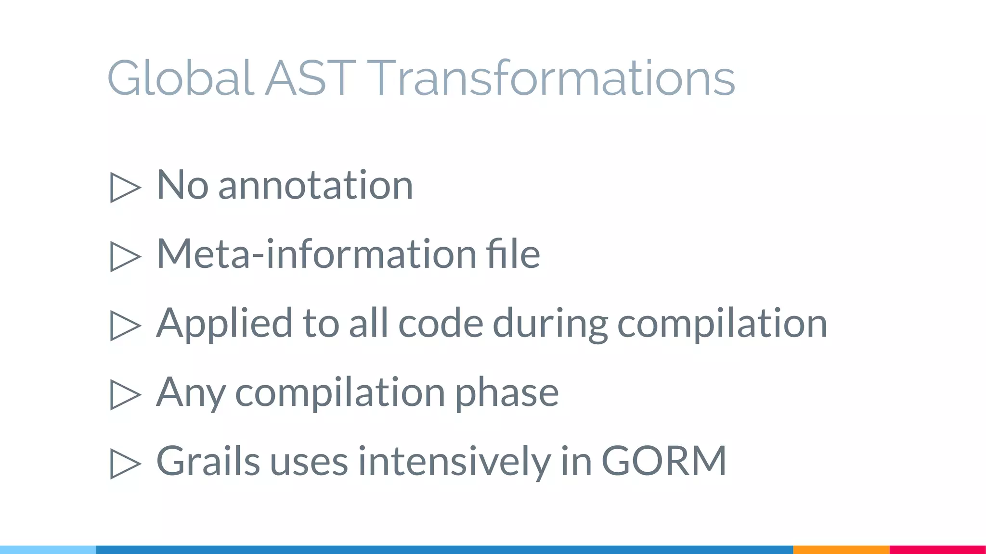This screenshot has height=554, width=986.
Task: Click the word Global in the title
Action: pyautogui.click(x=180, y=78)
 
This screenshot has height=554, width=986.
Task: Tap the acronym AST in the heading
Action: pyautogui.click(x=310, y=78)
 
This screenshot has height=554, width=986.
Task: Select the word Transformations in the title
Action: pyautogui.click(x=553, y=78)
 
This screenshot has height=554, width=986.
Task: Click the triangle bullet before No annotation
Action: pyautogui.click(x=125, y=187)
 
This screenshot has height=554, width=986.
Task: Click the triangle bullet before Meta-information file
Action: pyautogui.click(x=125, y=256)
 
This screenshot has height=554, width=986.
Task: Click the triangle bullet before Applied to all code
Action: pyautogui.click(x=125, y=326)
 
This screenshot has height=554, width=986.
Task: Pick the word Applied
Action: pyautogui.click(x=224, y=323)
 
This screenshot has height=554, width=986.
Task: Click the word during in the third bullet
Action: pyautogui.click(x=550, y=323)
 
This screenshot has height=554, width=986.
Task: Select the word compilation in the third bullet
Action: pyautogui.click(x=722, y=323)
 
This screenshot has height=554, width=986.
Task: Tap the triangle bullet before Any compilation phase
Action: pyautogui.click(x=125, y=395)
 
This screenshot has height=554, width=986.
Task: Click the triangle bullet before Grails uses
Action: pyautogui.click(x=125, y=464)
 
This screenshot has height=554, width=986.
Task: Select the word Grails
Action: pyautogui.click(x=208, y=461)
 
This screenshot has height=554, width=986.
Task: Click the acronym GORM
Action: pyautogui.click(x=664, y=461)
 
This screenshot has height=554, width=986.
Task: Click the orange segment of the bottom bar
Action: pyautogui.click(x=841, y=549)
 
